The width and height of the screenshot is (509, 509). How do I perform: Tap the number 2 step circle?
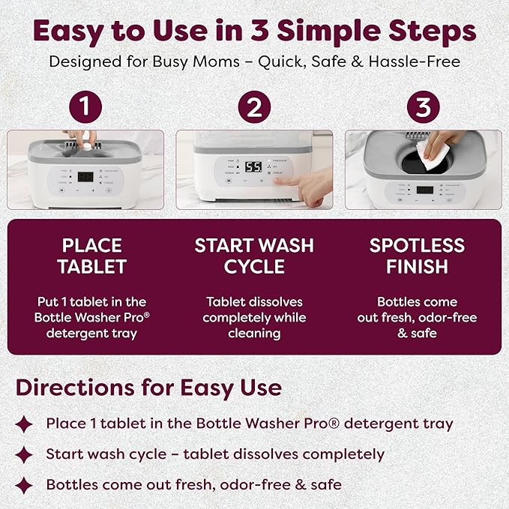(254, 108)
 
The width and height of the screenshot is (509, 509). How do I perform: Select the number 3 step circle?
(423, 108)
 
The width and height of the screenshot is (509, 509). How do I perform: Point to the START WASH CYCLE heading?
(254, 256)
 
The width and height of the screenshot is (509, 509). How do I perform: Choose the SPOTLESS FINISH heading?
(417, 256)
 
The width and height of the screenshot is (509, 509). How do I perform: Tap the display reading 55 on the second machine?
(253, 167)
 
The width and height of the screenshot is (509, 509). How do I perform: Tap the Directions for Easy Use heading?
(148, 388)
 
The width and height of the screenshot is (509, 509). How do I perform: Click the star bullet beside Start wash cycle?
(25, 455)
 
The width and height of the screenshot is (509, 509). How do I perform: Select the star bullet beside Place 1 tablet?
(25, 424)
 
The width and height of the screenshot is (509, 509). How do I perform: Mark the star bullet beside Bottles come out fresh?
(25, 485)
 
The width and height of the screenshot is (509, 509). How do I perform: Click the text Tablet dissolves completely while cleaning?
(254, 317)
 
